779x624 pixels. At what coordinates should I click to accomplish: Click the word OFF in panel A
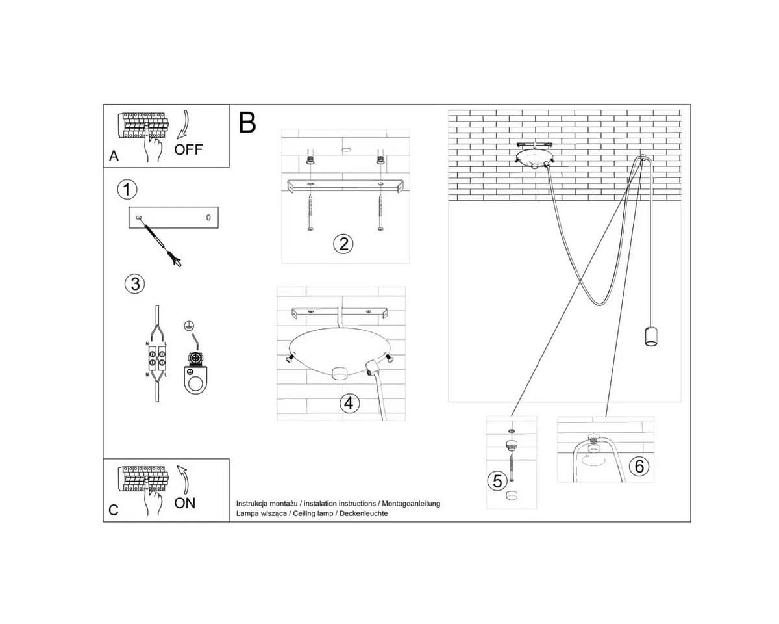(188, 149)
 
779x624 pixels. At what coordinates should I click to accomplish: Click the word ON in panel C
(184, 503)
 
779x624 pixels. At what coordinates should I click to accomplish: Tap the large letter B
(247, 123)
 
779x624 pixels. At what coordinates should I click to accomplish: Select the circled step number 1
(127, 190)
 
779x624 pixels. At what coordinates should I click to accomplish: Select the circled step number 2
(343, 244)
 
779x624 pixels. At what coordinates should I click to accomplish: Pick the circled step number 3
(134, 284)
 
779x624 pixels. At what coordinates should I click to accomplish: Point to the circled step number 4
(349, 403)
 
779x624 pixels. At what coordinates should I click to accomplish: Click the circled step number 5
(497, 481)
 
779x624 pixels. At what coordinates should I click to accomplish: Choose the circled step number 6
(639, 466)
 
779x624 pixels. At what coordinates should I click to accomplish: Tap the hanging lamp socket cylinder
(651, 336)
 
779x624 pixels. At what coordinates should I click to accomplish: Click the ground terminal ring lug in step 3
(195, 374)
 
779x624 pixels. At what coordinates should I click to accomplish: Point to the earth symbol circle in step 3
(188, 326)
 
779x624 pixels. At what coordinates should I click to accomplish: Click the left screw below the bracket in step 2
(310, 213)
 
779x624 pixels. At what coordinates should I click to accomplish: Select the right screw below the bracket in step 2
(380, 213)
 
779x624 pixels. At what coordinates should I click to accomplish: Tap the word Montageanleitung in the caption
(411, 504)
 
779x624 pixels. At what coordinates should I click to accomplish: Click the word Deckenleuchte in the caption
(364, 513)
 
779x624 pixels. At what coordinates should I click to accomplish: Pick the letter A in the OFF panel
(114, 156)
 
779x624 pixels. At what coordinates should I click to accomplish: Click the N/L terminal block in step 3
(157, 358)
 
